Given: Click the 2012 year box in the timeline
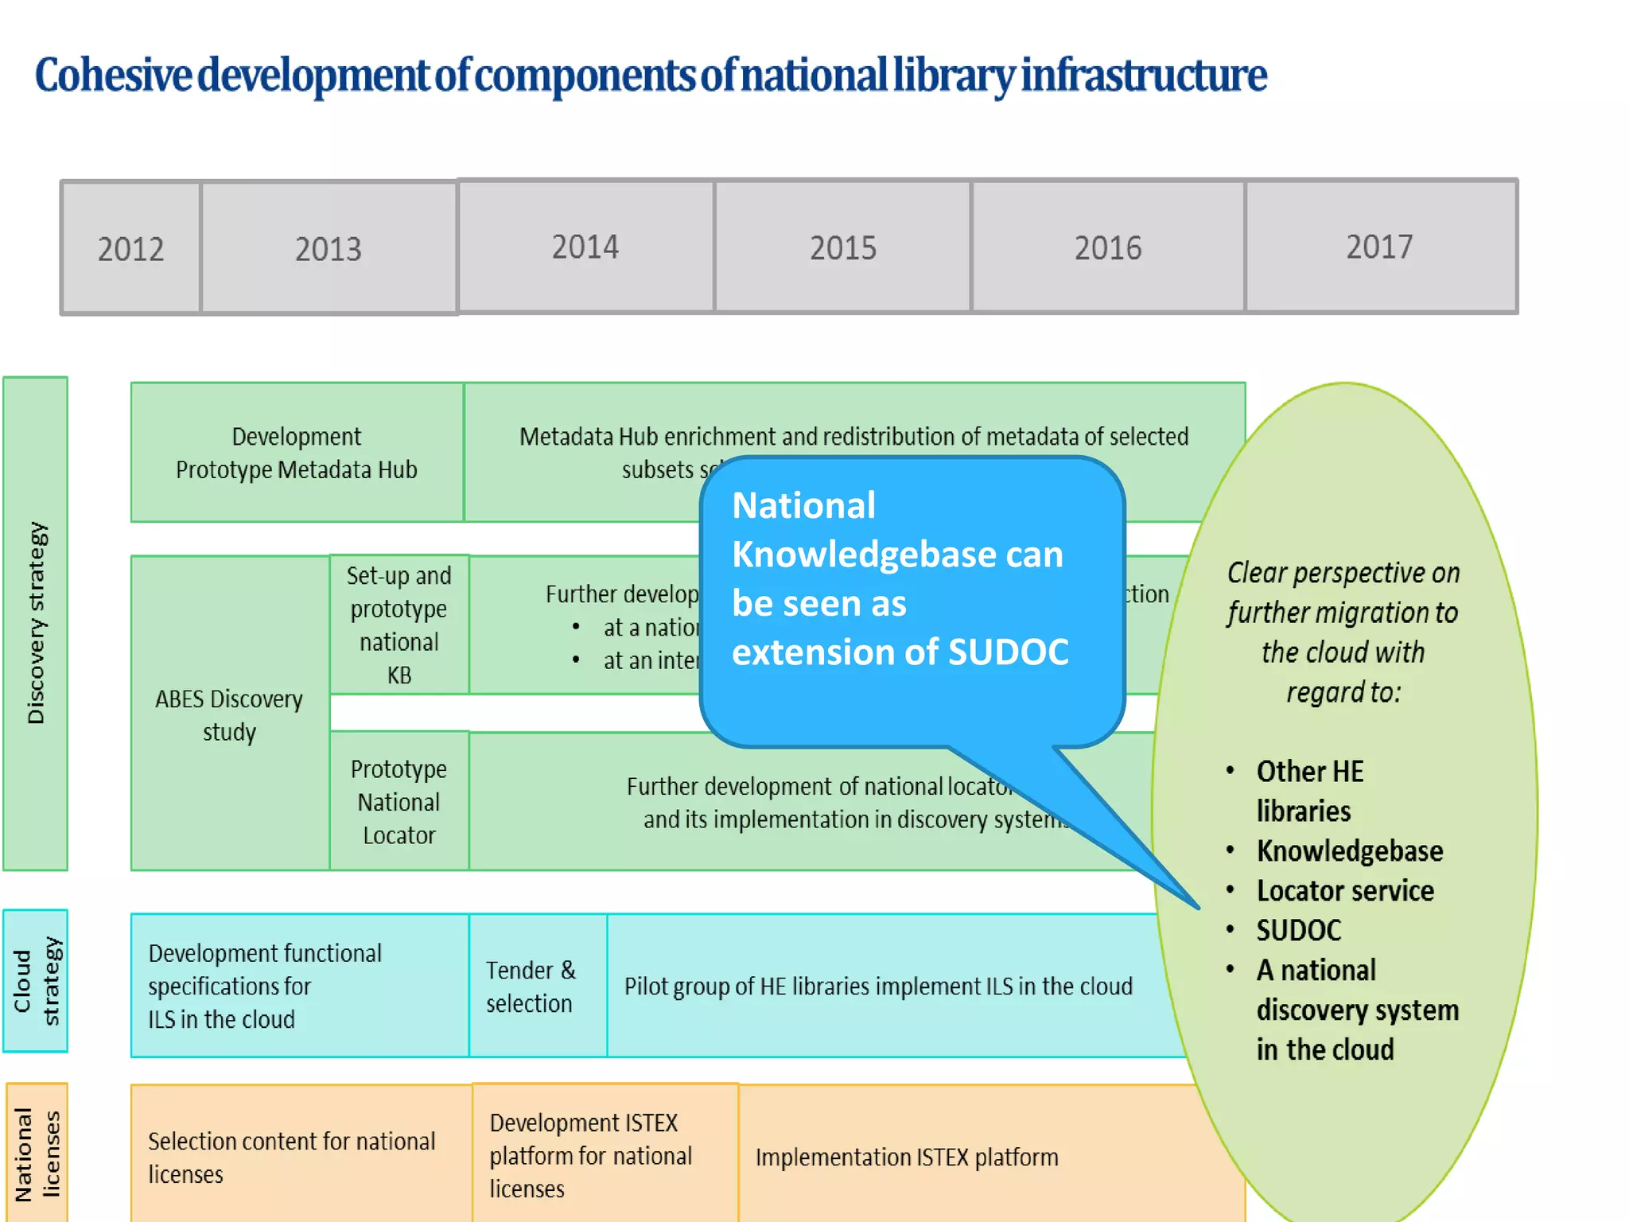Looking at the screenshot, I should pyautogui.click(x=131, y=248).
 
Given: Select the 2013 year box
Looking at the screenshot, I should pyautogui.click(x=329, y=248).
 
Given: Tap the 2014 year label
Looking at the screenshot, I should pyautogui.click(x=585, y=247).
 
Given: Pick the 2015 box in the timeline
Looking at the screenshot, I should pyautogui.click(x=843, y=247).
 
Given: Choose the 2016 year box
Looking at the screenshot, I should pyautogui.click(x=1108, y=247).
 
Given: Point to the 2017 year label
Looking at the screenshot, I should pyautogui.click(x=1380, y=247).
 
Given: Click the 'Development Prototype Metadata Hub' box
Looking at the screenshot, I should pyautogui.click(x=297, y=453).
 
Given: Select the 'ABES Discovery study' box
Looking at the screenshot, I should pyautogui.click(x=229, y=714).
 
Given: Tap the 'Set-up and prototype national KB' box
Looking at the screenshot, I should pyautogui.click(x=399, y=625).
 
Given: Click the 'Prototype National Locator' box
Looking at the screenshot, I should pyautogui.click(x=399, y=801).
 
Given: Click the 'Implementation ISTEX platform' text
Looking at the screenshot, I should pyautogui.click(x=907, y=1157).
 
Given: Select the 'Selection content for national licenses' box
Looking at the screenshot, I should pyautogui.click(x=293, y=1157).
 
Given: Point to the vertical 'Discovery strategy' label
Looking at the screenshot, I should pyautogui.click(x=36, y=623).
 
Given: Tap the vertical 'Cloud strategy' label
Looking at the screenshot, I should pyautogui.click(x=36, y=981).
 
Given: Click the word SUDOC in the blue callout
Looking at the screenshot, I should pyautogui.click(x=1008, y=652).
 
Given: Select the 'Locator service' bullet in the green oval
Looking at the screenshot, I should pyautogui.click(x=1345, y=891).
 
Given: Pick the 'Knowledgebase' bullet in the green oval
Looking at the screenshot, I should pyautogui.click(x=1350, y=851).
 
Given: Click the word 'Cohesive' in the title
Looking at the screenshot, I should pyautogui.click(x=113, y=76).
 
